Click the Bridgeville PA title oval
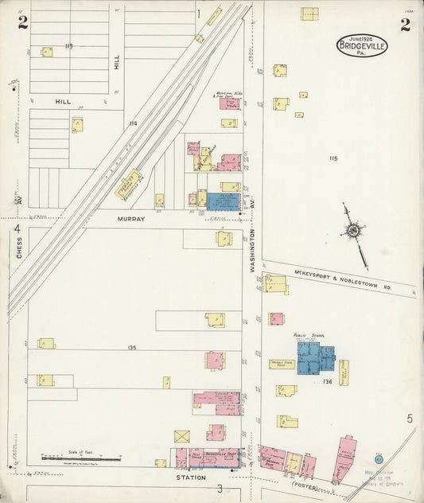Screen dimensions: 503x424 click(362, 45)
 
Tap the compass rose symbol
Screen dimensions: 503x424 click(352, 231)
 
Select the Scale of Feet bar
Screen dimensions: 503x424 click(81, 458)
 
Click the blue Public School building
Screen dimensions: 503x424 click(313, 357)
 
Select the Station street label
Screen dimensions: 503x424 click(192, 478)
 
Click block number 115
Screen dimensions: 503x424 click(333, 158)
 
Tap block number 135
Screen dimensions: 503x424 click(132, 348)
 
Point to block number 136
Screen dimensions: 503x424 click(327, 382)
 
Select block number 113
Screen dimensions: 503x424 click(68, 46)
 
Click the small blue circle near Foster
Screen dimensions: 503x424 click(379, 460)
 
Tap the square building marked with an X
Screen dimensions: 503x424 click(182, 436)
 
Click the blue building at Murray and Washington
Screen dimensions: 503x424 click(223, 201)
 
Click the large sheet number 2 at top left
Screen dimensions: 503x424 click(23, 23)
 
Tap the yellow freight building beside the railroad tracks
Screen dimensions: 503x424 click(129, 184)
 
